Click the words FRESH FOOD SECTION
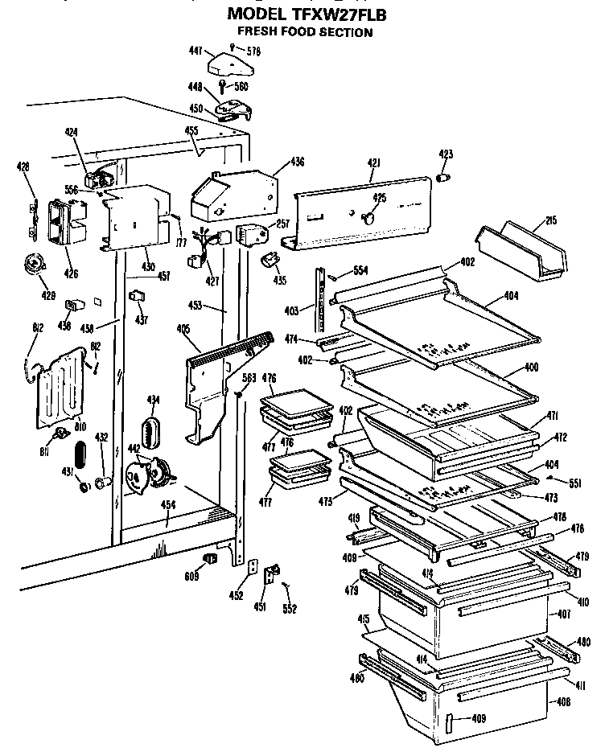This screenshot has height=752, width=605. (304, 32)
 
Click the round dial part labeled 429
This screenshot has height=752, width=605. (35, 263)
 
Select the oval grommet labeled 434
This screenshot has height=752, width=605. (151, 428)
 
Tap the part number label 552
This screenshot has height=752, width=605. (290, 609)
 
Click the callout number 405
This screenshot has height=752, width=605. (183, 328)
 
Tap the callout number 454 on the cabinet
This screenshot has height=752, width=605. (167, 504)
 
